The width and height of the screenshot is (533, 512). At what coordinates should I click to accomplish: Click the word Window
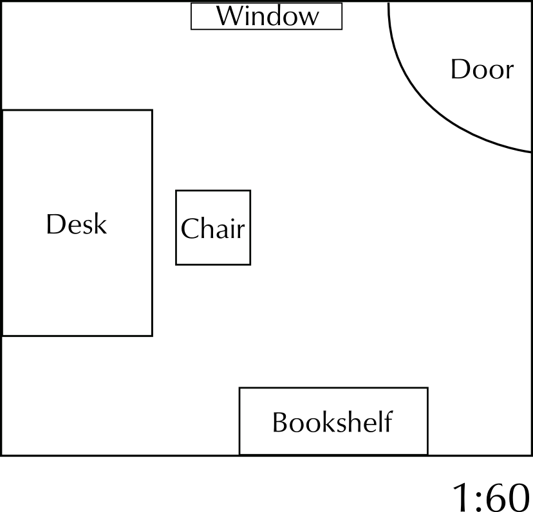(x=266, y=16)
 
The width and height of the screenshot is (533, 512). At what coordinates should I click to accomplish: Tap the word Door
(x=482, y=69)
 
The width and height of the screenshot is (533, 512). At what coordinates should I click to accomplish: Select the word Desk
(x=76, y=224)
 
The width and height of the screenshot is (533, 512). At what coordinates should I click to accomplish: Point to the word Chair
(x=213, y=228)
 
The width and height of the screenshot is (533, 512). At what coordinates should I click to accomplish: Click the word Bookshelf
(x=332, y=423)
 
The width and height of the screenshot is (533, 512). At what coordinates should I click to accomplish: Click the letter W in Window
(x=229, y=16)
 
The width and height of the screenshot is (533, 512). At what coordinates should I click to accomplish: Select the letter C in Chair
(x=190, y=228)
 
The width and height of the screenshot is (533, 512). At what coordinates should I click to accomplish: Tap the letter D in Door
(x=459, y=69)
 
